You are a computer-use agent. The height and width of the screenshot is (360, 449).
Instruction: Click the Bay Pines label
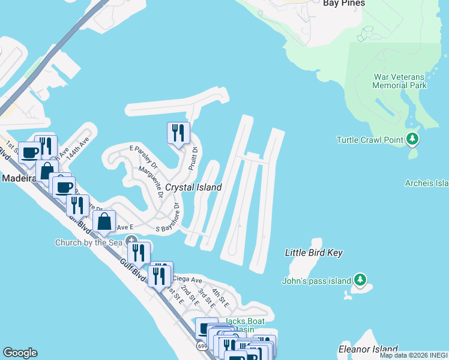[344, 3]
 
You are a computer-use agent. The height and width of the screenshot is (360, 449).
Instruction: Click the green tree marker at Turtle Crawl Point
[412, 139]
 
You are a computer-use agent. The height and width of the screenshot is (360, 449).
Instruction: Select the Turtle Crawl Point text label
[369, 140]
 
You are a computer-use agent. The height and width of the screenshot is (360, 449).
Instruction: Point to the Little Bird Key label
[313, 253]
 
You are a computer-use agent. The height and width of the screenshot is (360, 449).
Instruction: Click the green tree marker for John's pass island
[360, 280]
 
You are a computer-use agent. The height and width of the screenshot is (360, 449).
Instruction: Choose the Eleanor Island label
[368, 349]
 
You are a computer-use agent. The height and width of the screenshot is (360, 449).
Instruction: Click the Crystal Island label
[193, 187]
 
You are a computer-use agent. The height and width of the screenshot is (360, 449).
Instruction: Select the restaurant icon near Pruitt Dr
[178, 133]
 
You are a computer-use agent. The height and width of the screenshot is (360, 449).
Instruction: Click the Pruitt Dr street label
[193, 160]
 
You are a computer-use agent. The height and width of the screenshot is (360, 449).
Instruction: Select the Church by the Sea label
[89, 243]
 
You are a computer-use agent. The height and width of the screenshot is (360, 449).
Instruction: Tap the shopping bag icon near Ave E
[104, 220]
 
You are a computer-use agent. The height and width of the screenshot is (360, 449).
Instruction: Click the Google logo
[20, 353]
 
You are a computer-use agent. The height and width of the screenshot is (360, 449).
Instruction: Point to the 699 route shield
[202, 346]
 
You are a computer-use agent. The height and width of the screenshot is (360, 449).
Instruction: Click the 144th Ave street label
[77, 146]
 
